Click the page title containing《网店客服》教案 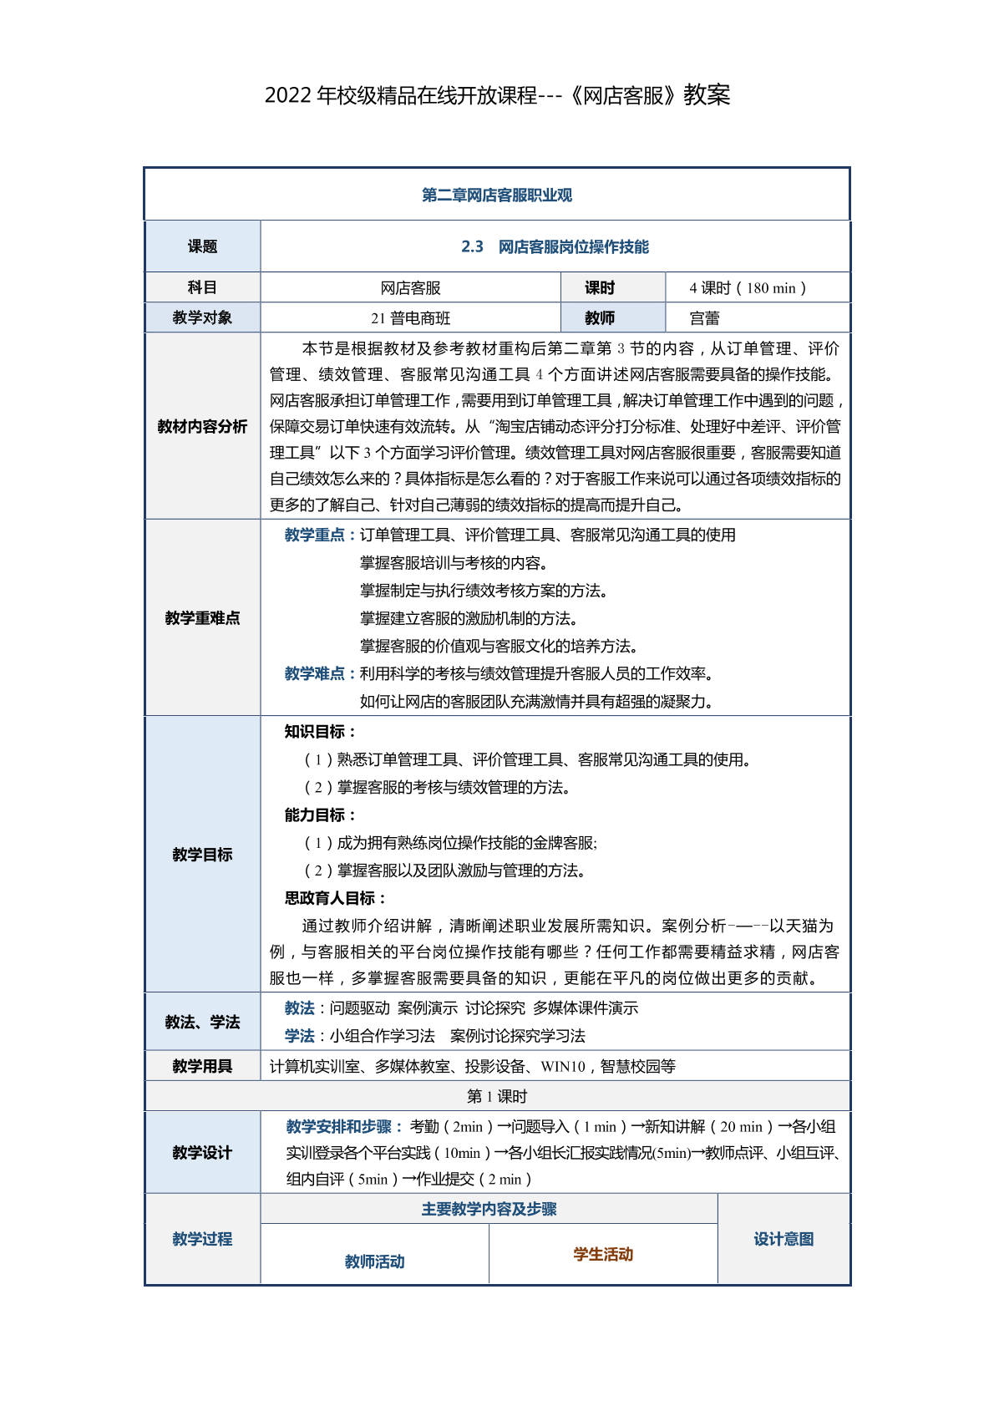pos(497,95)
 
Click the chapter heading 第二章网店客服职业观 pos(497,195)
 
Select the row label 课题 pos(202,246)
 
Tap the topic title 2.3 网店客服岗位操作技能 pos(555,246)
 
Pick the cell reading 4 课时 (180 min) pos(748,288)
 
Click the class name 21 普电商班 pos(410,318)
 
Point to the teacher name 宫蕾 pos(705,318)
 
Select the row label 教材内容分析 pos(202,427)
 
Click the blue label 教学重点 pos(315,535)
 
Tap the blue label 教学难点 pos(315,674)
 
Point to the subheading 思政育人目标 pos(335,899)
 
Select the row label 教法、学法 pos(202,1023)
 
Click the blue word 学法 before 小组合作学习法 pos(299,1037)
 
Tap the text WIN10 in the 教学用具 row pos(563,1067)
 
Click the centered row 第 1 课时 pos(497,1097)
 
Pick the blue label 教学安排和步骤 pos(343,1127)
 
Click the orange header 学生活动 pos(603,1255)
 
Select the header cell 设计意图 pos(784,1240)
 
